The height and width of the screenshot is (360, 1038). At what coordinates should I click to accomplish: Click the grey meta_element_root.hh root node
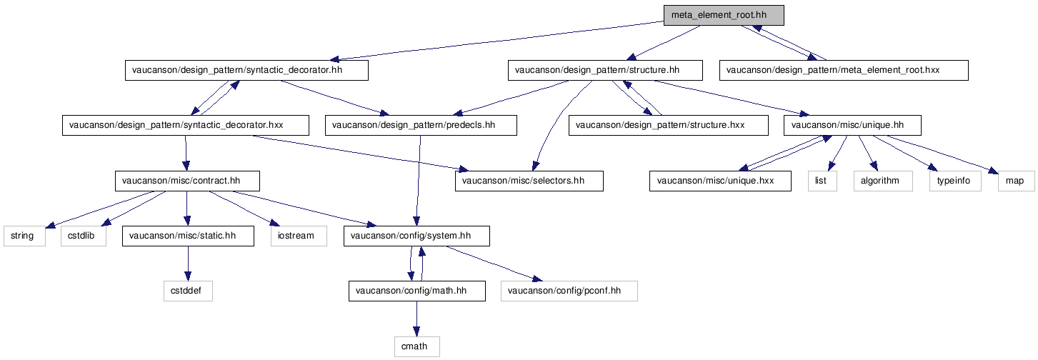coord(724,15)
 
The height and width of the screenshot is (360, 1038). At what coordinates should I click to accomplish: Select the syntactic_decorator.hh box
coord(246,71)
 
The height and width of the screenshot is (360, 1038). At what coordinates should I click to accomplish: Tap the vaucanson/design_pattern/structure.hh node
coord(605,71)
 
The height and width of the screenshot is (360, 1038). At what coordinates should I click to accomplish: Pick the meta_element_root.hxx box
coord(844,71)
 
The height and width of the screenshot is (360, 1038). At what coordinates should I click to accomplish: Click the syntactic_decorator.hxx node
coord(185,126)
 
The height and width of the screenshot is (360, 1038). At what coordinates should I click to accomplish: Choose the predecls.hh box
coord(421,126)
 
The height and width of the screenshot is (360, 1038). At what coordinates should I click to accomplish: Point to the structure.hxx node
coord(668,126)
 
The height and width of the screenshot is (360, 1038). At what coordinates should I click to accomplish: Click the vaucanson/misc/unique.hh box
coord(852,126)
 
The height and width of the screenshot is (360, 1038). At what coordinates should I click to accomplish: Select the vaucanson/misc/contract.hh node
coord(187,181)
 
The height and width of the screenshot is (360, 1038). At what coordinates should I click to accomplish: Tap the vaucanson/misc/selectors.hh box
coord(529,181)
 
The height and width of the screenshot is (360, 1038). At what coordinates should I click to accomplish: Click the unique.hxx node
coord(720,181)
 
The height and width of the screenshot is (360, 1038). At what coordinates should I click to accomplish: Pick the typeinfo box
coord(955,181)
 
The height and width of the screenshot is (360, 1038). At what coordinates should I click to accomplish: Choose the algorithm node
coord(883,181)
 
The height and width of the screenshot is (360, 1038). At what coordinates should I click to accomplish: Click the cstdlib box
coord(84,236)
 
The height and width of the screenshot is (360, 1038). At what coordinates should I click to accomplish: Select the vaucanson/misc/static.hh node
coord(188,236)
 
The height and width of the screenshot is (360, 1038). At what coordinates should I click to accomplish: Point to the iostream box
coord(299,236)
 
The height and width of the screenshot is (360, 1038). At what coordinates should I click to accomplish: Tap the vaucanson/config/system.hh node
coord(416,236)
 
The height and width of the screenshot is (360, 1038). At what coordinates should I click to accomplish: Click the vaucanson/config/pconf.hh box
coord(569,291)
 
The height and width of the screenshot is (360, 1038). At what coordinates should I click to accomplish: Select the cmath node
coord(417,347)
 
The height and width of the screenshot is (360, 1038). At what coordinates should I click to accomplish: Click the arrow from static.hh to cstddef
coord(188,264)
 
